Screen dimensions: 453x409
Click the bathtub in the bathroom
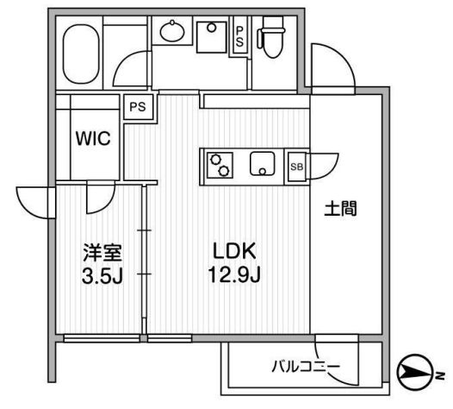81,53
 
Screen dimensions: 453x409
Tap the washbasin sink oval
172,31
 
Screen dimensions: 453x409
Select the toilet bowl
272,37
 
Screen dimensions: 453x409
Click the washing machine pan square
212,37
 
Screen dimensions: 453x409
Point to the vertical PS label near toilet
239,36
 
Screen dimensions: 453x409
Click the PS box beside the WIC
138,107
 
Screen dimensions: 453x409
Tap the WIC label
93,139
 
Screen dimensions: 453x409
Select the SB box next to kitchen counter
297,167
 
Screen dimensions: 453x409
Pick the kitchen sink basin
263,164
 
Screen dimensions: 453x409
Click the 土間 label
341,209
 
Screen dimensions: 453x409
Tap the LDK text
234,251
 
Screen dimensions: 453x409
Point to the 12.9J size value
234,274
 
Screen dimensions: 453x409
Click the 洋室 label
102,253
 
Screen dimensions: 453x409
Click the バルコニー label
307,367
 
